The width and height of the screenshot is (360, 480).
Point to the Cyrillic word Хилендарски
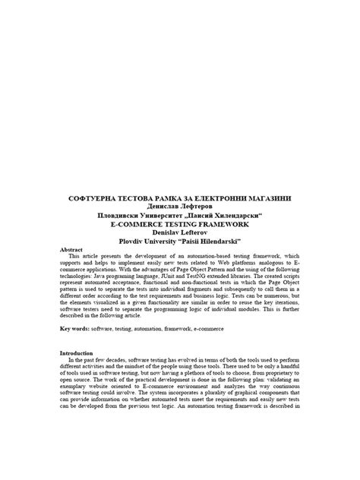(245, 215)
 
